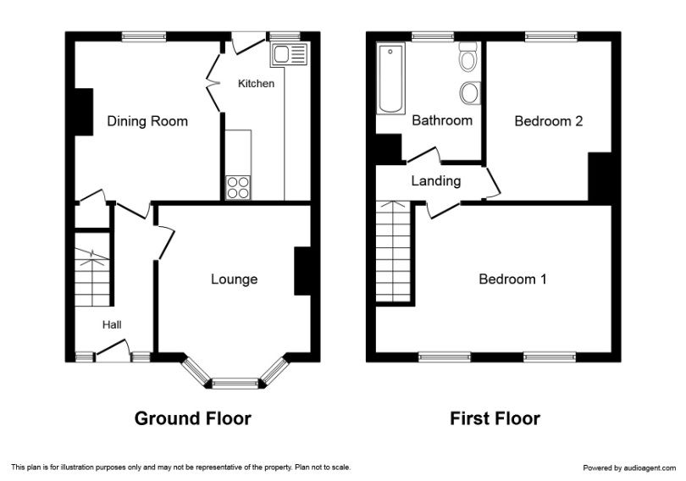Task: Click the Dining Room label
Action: (147, 121)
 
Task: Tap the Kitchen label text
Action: (256, 84)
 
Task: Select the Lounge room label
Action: (234, 279)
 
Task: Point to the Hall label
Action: (112, 325)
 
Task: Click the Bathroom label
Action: (442, 120)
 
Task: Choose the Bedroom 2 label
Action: (549, 121)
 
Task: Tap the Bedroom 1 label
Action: (512, 279)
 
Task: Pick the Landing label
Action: (436, 180)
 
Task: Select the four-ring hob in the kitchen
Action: (238, 188)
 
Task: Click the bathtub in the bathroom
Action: (390, 79)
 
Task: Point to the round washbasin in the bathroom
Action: (469, 93)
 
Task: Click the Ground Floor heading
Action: (193, 418)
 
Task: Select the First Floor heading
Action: (495, 418)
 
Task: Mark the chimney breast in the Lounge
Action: (302, 271)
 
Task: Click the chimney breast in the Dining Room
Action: (84, 112)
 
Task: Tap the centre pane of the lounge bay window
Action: (235, 384)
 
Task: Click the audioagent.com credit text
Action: (629, 468)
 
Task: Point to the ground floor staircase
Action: (91, 269)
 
